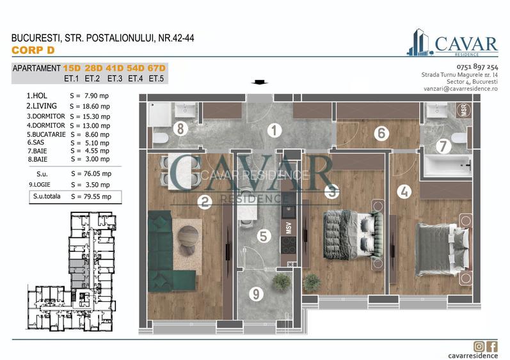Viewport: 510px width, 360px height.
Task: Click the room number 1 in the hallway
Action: pyautogui.click(x=274, y=132)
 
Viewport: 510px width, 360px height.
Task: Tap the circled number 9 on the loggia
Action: pyautogui.click(x=256, y=295)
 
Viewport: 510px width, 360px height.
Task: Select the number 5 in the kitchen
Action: pyautogui.click(x=262, y=236)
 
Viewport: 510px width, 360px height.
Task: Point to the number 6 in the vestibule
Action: pyautogui.click(x=381, y=134)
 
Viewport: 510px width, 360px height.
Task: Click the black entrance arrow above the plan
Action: pyautogui.click(x=260, y=82)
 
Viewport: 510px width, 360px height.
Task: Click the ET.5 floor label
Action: pyautogui.click(x=156, y=79)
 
